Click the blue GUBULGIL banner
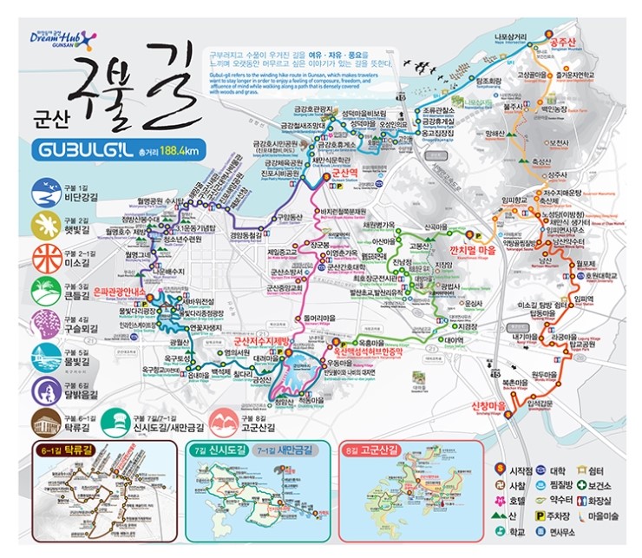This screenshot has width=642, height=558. pyautogui.click(x=82, y=150)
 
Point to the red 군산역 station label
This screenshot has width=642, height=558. pyautogui.click(x=344, y=174)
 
